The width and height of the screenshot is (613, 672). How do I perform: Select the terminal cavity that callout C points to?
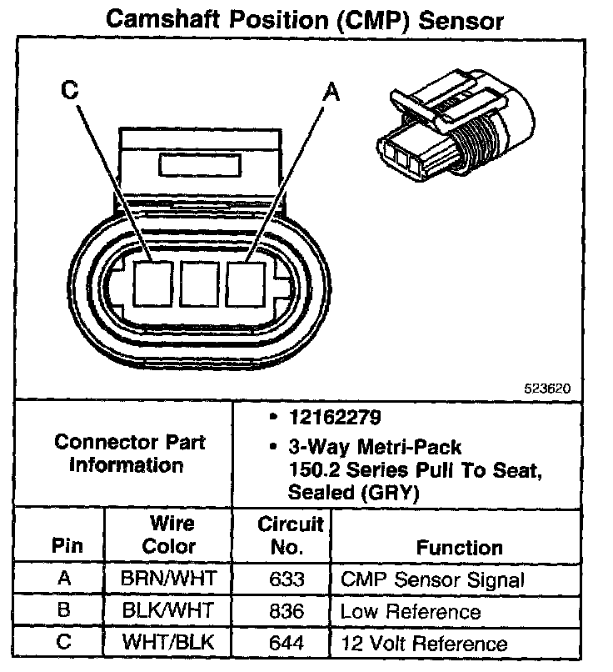152,283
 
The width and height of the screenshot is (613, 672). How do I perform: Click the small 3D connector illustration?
450,133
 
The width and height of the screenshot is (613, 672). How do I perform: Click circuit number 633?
282,579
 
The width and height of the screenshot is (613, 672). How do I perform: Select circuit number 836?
282,611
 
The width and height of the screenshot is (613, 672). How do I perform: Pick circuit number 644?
282,643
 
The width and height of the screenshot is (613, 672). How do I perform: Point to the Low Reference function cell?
410,611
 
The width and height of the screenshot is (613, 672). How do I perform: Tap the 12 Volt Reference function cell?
423,643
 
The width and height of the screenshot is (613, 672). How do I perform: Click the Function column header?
459,548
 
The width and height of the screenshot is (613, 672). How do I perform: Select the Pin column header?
67,548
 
